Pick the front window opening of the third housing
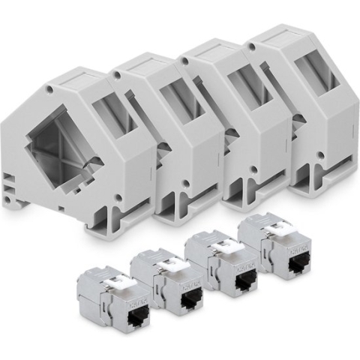[244, 86]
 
